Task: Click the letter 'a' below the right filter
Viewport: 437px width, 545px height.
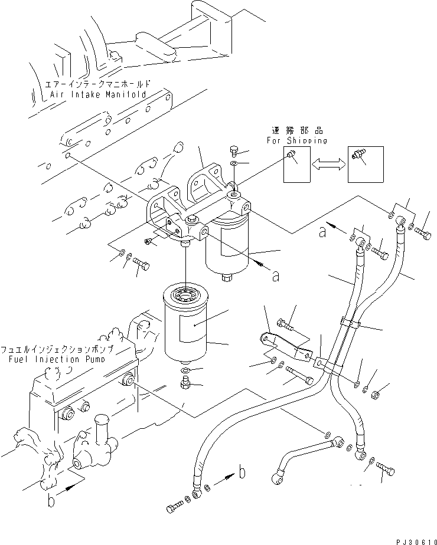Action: coord(275,275)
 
